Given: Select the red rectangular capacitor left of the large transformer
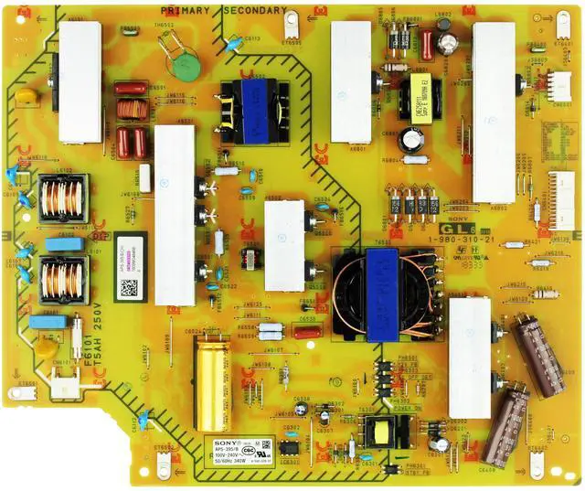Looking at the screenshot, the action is pyautogui.click(x=306, y=333).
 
